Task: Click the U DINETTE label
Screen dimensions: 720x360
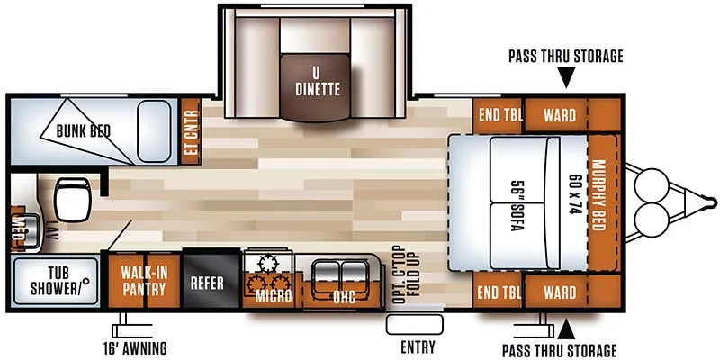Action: pos(317,82)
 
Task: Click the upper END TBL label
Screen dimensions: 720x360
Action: pos(495,115)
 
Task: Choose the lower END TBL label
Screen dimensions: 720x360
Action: pos(495,292)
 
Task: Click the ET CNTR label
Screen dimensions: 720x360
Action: pos(191,133)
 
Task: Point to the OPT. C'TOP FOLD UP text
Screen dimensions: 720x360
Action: pos(404,272)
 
